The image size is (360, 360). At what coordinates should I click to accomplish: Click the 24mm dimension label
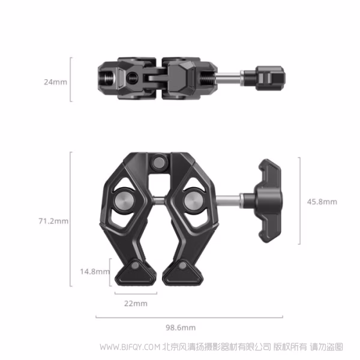(55, 82)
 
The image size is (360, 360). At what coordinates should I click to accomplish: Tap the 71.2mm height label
(53, 221)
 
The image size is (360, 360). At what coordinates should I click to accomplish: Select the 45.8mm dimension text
(322, 202)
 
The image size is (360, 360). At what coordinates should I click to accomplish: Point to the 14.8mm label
(95, 272)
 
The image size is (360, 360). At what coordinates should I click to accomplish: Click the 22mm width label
(136, 304)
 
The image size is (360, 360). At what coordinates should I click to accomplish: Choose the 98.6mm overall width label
(181, 328)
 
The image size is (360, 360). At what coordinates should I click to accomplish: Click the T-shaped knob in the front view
(268, 201)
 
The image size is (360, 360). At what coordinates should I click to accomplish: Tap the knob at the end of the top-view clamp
(270, 78)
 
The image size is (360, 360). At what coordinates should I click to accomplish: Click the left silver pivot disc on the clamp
(122, 201)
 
